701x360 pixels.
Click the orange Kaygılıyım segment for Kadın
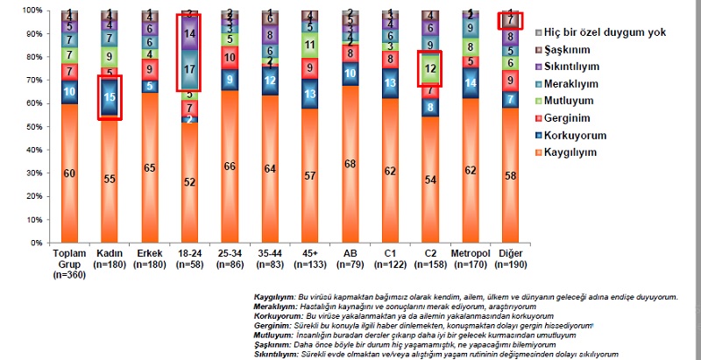pyautogui.click(x=110, y=178)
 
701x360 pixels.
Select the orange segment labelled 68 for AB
pyautogui.click(x=350, y=164)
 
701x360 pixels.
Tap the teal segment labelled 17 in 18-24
pyautogui.click(x=189, y=68)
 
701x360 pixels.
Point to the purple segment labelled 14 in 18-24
pyautogui.click(x=189, y=33)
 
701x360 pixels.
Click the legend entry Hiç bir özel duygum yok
pyautogui.click(x=591, y=32)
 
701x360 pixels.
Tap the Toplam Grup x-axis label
pyautogui.click(x=68, y=260)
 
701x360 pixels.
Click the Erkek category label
pyautogui.click(x=149, y=254)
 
